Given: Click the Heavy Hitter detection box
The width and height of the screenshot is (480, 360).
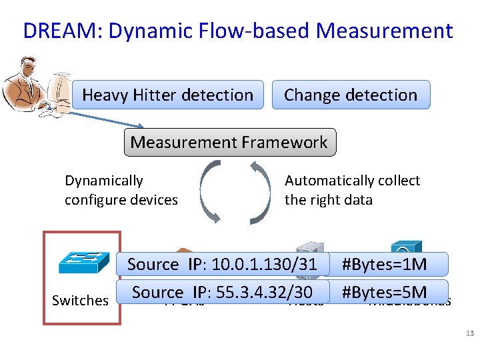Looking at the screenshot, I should point(167,95).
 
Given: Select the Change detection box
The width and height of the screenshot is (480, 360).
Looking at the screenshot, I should point(351,95).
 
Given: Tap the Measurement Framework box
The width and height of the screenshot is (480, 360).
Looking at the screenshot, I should point(229,142).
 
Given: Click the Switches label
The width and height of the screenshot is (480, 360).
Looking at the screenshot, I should point(80,301).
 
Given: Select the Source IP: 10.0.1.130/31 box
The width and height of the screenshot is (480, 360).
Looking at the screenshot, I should point(222,264).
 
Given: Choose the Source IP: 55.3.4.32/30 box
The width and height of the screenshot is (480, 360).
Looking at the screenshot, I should point(222,292).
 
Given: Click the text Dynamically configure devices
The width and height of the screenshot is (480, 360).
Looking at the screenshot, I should point(121,190).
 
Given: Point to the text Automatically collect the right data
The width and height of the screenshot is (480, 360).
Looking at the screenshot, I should point(352,190).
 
